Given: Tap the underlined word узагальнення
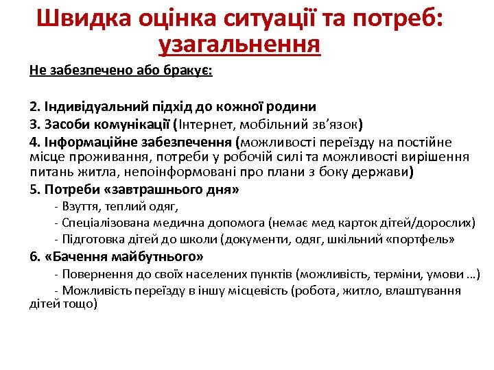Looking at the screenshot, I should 239,45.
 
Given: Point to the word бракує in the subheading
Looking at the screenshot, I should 187,71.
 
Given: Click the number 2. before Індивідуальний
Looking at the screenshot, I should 35,107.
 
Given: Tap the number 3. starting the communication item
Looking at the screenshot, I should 35,125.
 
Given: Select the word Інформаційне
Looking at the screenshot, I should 86,143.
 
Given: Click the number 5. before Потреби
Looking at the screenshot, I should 35,189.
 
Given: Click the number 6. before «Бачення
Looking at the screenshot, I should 35,257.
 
